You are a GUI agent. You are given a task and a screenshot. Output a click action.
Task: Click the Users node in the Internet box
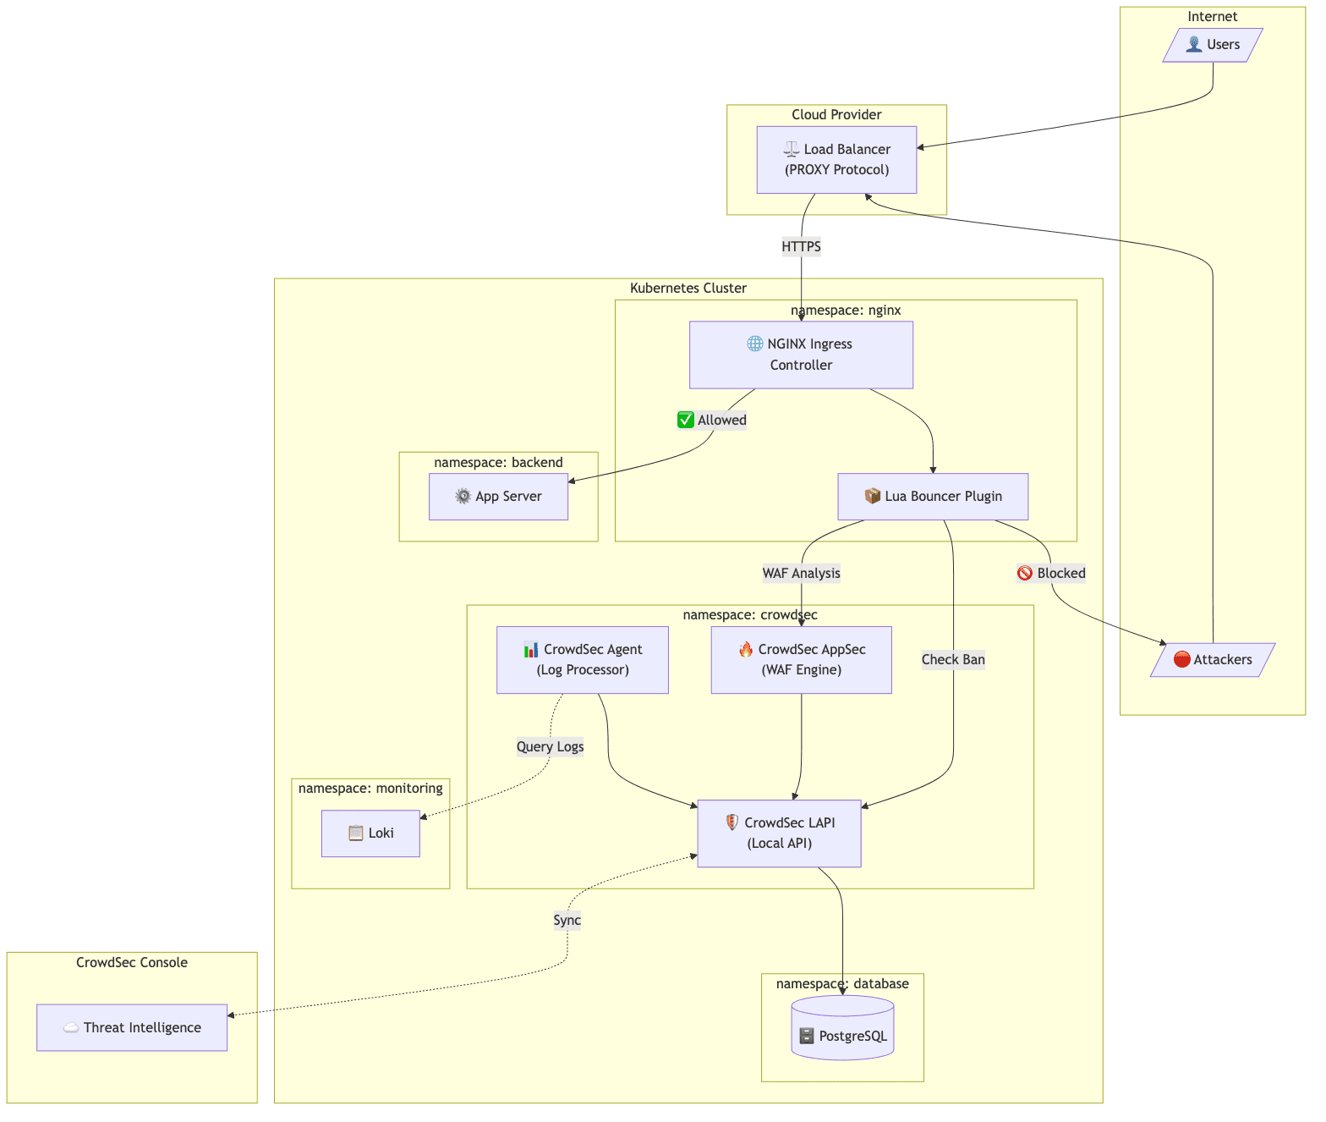1213,45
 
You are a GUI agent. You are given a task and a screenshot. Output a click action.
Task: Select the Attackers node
1213,660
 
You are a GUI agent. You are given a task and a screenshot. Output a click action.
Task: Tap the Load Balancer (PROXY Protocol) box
836,160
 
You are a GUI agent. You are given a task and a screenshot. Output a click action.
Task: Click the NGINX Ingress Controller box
801,355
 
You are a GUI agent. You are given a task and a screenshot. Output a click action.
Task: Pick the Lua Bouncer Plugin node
933,497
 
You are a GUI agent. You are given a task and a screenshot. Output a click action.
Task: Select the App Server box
498,497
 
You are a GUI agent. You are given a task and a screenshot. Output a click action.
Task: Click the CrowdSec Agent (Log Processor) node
583,660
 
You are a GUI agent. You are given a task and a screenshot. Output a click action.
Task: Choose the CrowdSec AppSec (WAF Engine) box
801,660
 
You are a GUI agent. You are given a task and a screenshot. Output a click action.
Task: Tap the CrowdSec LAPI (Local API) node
779,833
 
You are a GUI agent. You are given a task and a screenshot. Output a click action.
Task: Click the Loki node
370,833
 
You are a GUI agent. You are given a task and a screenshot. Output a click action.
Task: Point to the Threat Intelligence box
132,1028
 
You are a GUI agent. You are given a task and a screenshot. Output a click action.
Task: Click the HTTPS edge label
801,247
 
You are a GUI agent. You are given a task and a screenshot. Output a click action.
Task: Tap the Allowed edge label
712,421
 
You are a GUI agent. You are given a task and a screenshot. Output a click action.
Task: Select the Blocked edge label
1051,574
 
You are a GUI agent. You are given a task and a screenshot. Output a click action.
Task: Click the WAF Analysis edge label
801,574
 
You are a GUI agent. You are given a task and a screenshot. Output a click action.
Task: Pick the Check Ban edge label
953,660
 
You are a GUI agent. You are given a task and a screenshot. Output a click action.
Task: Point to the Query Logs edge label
550,746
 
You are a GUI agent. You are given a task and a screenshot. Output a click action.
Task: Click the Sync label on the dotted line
567,921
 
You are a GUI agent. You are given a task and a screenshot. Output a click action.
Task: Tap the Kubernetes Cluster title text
688,289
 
